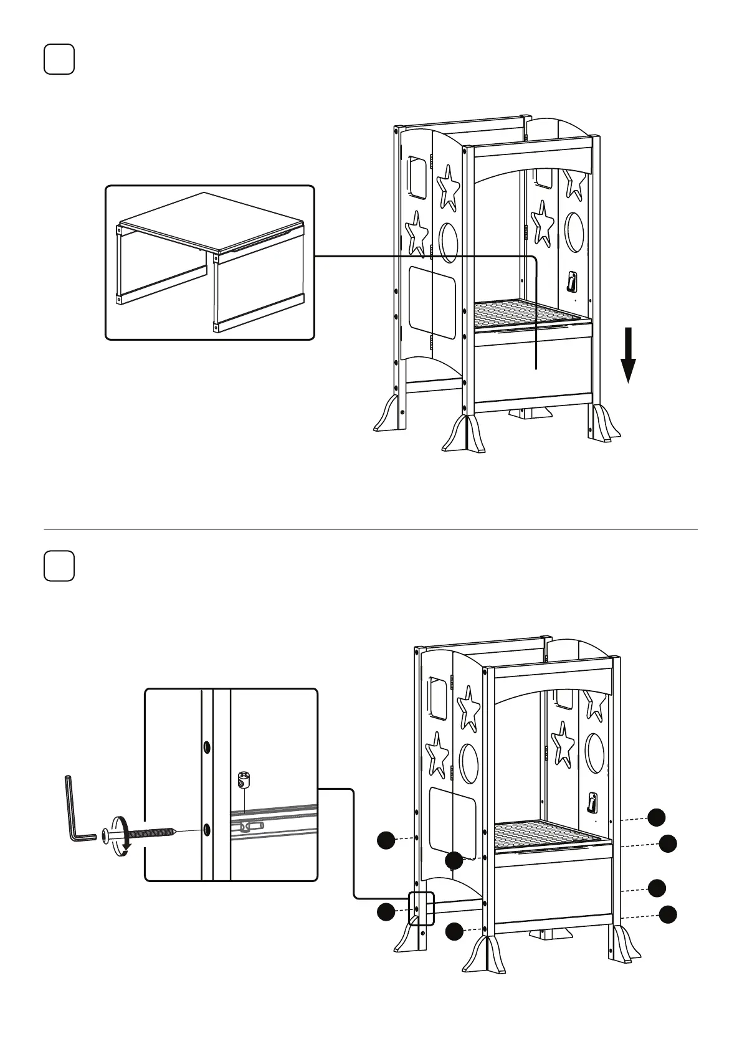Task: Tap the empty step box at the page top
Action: (x=59, y=60)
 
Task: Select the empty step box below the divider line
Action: (x=59, y=566)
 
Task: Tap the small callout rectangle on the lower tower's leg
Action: (x=421, y=908)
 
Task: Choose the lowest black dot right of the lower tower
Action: (x=668, y=914)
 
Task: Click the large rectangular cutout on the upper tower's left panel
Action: (x=432, y=303)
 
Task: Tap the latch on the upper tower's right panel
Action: (x=571, y=282)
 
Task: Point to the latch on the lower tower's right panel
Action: (x=592, y=802)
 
